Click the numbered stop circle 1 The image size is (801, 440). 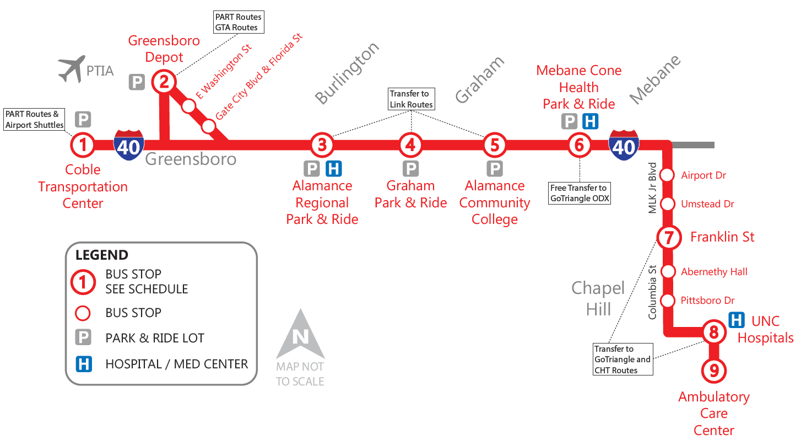click(83, 145)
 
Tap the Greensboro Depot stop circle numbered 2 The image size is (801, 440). click(164, 82)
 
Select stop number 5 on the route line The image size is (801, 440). click(494, 145)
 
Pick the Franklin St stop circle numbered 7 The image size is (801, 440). click(668, 238)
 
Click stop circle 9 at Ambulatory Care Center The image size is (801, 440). click(713, 371)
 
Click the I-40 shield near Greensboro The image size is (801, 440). click(129, 145)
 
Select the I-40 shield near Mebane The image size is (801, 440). click(624, 145)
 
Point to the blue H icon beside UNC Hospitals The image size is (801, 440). click(736, 320)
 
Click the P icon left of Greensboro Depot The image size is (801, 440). click(137, 82)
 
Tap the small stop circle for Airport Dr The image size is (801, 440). click(668, 175)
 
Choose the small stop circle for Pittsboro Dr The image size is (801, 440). click(668, 301)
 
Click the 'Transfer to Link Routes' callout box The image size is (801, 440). click(411, 99)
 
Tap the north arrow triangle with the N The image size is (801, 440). click(300, 334)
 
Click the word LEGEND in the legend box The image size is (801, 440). click(102, 255)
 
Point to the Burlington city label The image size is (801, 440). click(347, 73)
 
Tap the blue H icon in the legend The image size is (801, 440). click(83, 364)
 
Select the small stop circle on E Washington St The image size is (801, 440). click(189, 106)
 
